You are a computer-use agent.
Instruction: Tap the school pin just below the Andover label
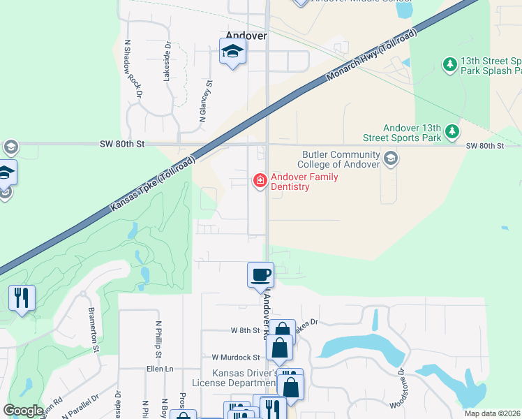pos(232,52)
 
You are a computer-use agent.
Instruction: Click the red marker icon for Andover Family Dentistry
pos(260,181)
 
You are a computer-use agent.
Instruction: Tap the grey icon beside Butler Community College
pos(390,159)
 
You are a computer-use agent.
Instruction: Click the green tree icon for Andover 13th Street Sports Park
pos(452,131)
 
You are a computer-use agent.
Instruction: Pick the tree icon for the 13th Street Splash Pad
pos(450,65)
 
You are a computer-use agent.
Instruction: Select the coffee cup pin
pos(261,274)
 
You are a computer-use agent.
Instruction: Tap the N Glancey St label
pos(205,101)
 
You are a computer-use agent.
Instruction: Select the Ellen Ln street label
pos(160,369)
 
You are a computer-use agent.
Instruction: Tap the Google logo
pos(23,411)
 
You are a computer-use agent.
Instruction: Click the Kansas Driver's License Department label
pos(246,377)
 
